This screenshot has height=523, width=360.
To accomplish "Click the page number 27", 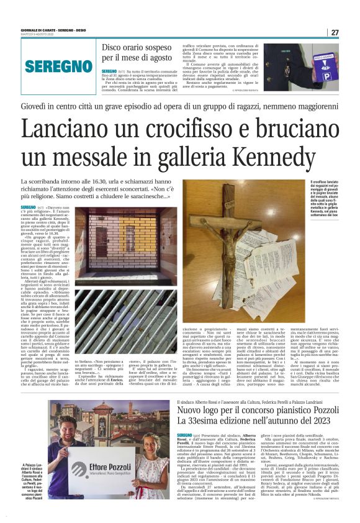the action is tap(335, 32).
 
